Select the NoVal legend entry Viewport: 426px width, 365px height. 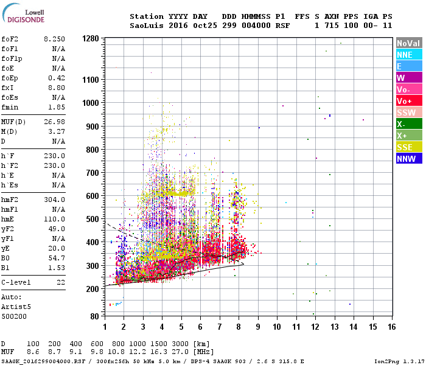click(x=408, y=43)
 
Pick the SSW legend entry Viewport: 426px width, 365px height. click(x=408, y=113)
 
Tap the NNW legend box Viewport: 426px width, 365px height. click(x=408, y=159)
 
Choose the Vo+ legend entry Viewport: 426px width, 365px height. click(x=408, y=101)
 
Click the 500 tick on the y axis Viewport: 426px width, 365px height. click(x=92, y=219)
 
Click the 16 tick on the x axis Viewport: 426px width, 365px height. click(x=391, y=327)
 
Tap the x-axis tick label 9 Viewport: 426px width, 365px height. click(x=258, y=327)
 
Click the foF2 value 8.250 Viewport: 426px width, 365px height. click(x=54, y=39)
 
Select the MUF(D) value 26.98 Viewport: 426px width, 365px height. click(x=54, y=122)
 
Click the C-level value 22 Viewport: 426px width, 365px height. click(x=60, y=282)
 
